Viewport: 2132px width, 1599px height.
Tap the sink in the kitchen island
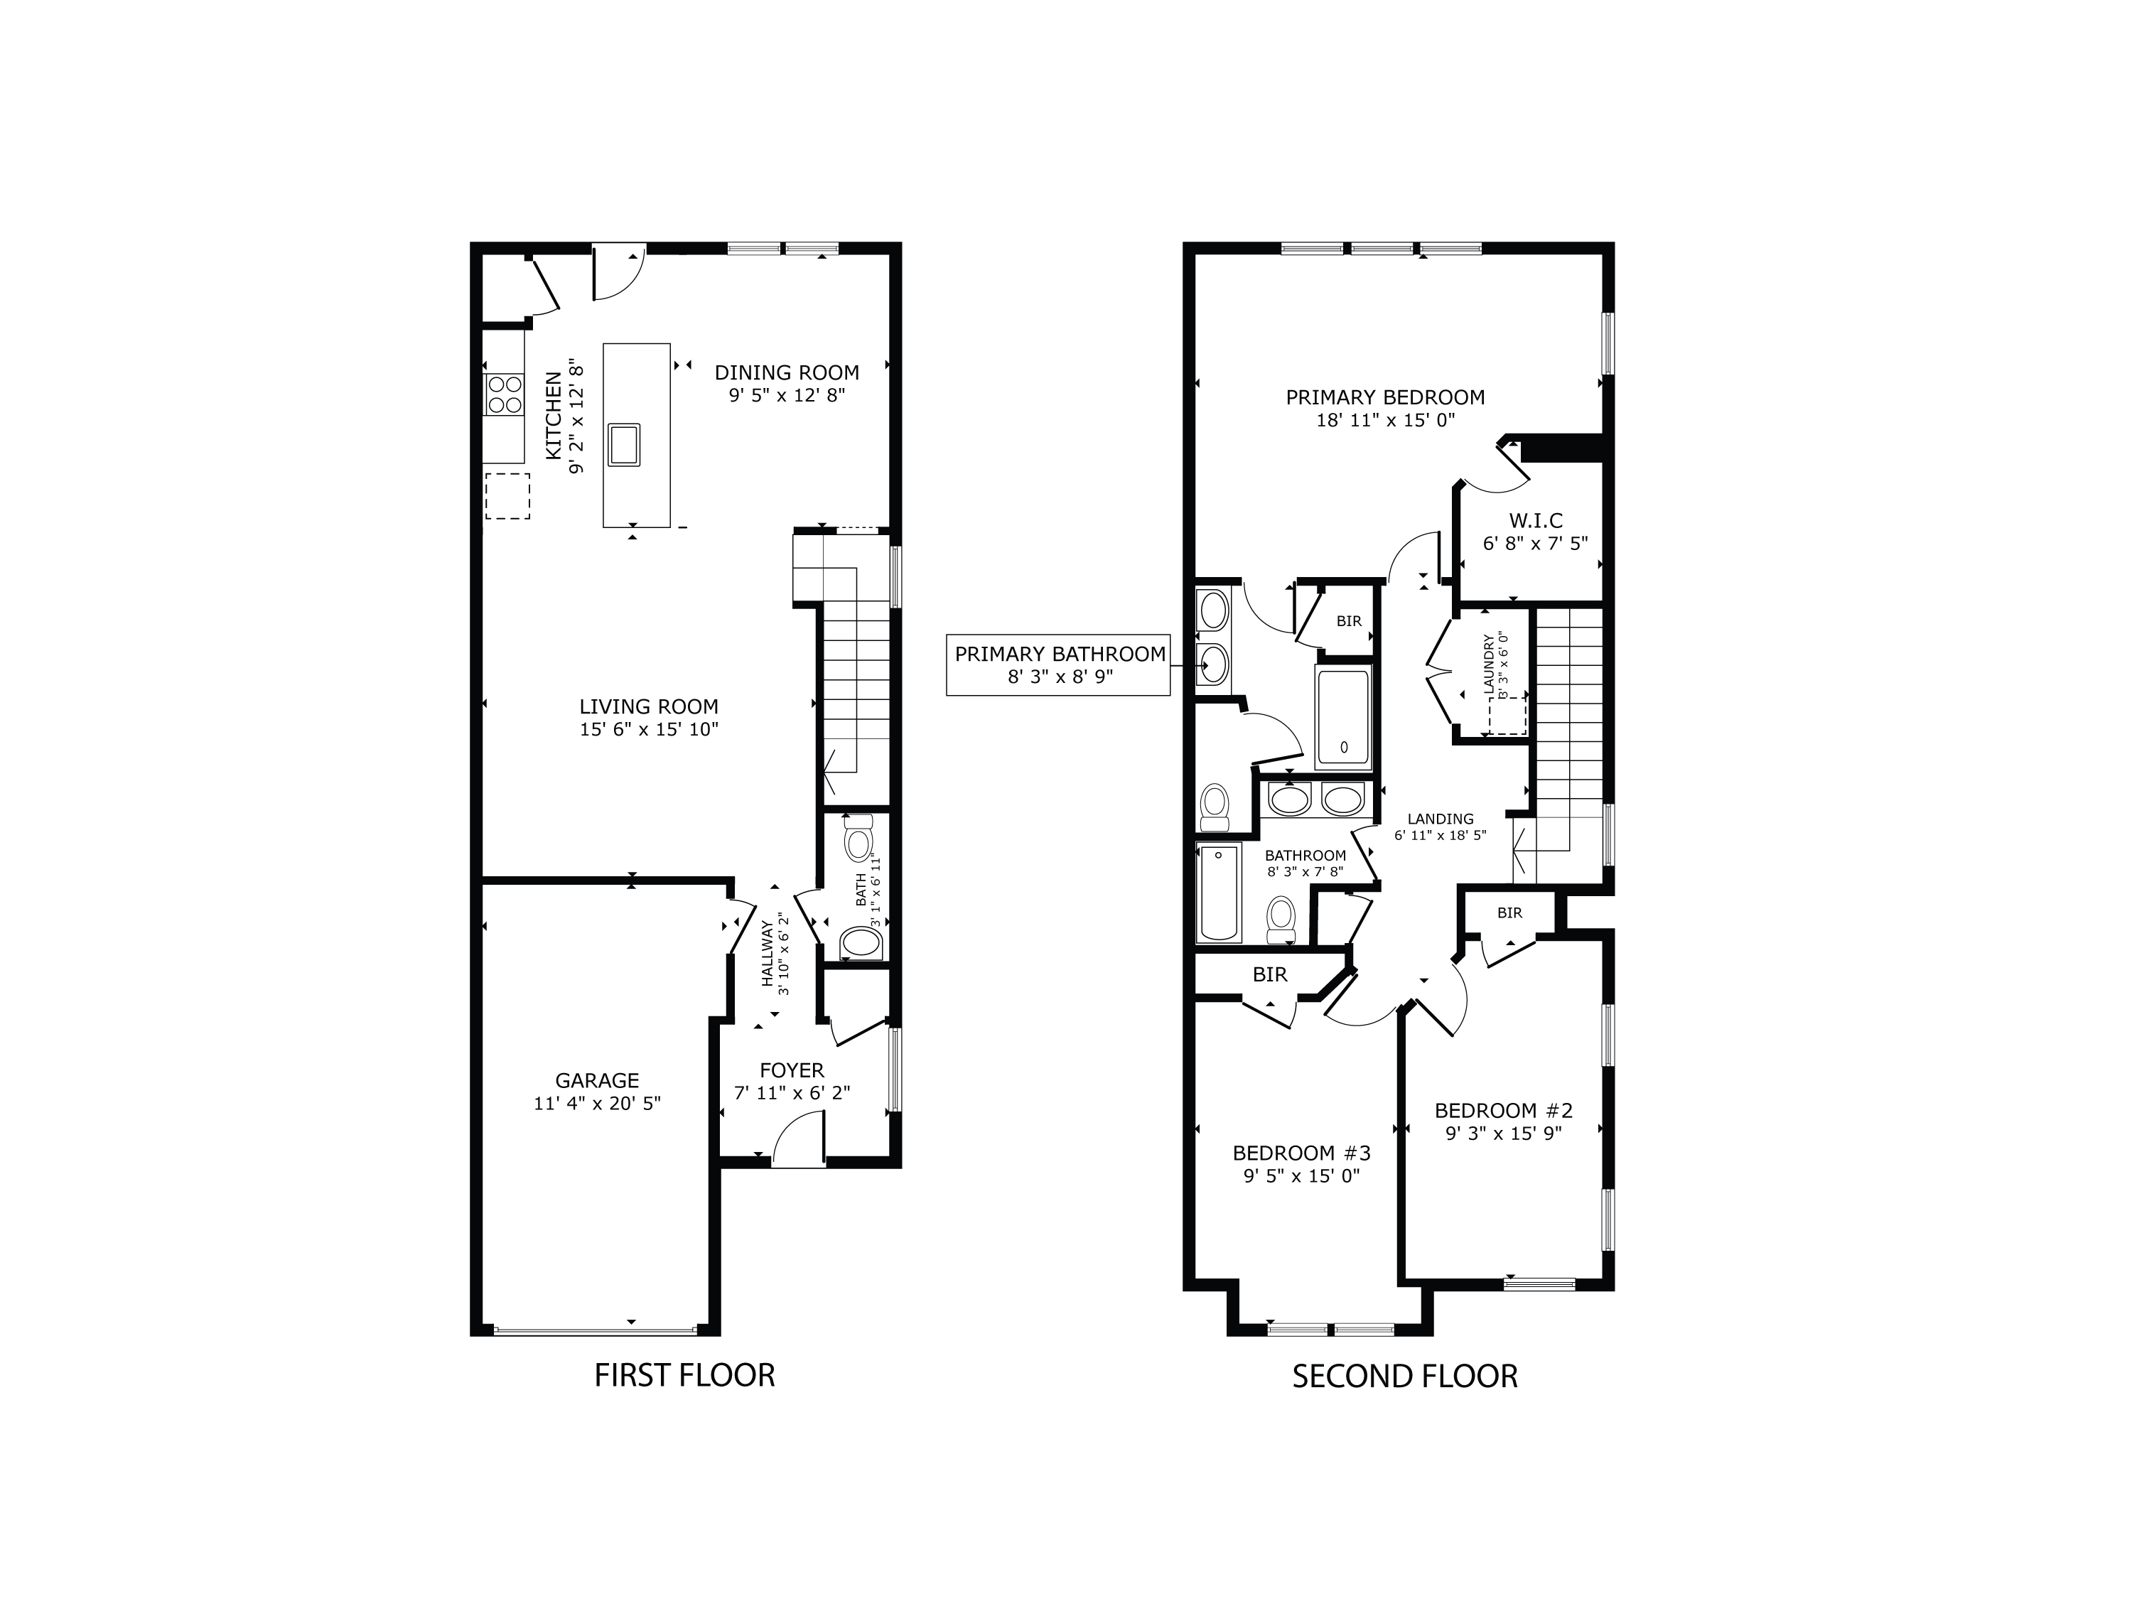click(x=623, y=444)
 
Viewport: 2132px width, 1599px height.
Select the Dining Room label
click(x=787, y=372)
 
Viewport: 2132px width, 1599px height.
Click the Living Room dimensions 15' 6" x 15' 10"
click(x=649, y=730)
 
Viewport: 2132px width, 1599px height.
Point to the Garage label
click(x=597, y=1080)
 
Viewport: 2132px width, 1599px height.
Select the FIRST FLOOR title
click(x=684, y=1375)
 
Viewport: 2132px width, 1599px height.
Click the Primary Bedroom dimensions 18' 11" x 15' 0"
click(x=1385, y=420)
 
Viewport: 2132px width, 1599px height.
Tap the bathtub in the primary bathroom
click(x=1342, y=716)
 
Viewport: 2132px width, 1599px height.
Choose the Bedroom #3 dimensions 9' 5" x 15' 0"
click(x=1301, y=1176)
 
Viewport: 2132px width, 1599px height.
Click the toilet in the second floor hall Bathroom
click(x=1281, y=917)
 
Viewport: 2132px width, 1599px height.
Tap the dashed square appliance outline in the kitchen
click(x=507, y=496)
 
